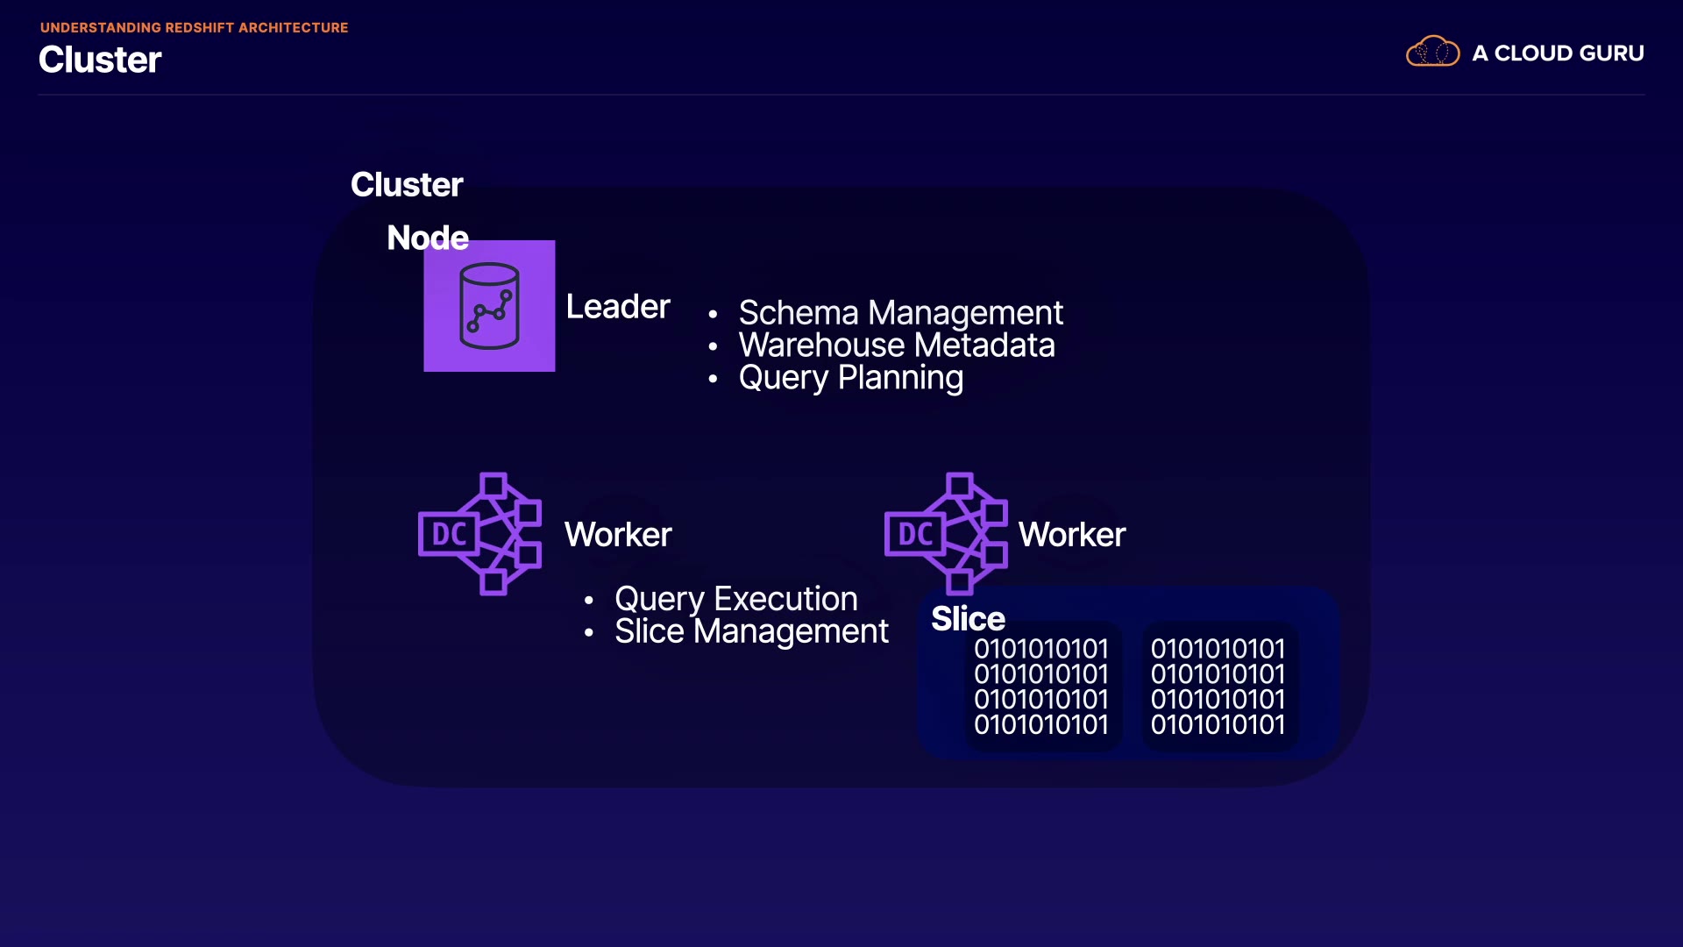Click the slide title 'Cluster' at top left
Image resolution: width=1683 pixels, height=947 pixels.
coord(100,60)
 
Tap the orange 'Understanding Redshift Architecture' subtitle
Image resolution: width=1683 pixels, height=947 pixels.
coord(194,28)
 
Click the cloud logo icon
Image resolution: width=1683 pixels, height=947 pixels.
coord(1432,52)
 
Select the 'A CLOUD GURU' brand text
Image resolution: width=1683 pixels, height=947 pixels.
coord(1558,53)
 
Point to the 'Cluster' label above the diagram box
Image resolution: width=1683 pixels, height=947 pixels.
coord(407,185)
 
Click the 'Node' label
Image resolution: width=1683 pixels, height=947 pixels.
coord(428,238)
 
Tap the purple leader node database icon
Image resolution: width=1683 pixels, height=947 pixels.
coord(489,306)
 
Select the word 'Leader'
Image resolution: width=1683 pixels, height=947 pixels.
coord(618,307)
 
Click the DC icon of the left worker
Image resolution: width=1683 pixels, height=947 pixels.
coord(480,534)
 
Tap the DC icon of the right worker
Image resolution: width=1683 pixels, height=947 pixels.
coord(947,534)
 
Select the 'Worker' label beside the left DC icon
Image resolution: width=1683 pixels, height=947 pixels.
coord(618,535)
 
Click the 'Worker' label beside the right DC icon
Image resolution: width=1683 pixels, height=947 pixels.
coord(1072,535)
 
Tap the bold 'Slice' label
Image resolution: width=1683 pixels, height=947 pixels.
coord(968,619)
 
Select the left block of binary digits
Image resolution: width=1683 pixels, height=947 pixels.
coord(1041,687)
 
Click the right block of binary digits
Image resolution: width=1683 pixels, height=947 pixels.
coord(1218,687)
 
